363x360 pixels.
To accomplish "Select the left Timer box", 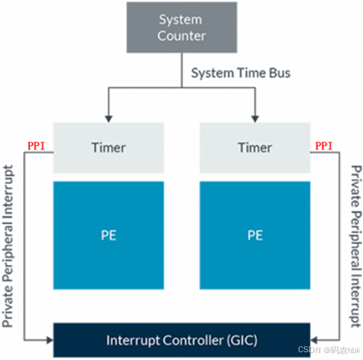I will coord(108,147).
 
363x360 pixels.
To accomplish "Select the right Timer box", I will coord(255,147).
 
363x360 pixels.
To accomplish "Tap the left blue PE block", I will coord(108,233).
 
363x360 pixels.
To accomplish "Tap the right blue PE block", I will coord(255,233).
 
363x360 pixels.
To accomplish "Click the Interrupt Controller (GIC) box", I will coord(181,339).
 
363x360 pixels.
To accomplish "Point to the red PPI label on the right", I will coord(324,146).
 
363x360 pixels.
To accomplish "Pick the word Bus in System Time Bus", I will coord(278,73).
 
